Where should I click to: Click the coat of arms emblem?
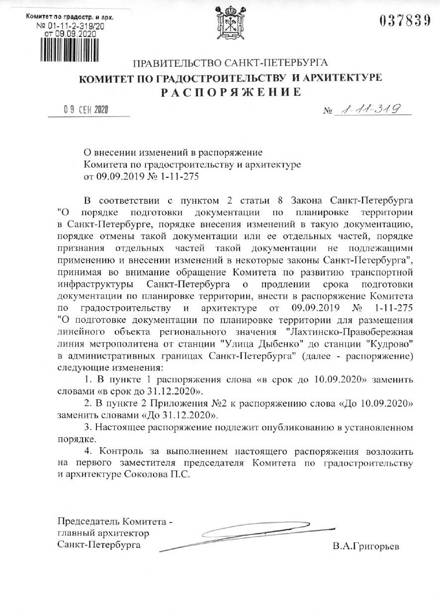[229, 24]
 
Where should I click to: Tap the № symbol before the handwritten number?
[327, 111]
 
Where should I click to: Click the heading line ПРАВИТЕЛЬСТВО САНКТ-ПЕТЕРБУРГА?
[230, 63]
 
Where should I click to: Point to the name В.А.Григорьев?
[366, 546]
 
